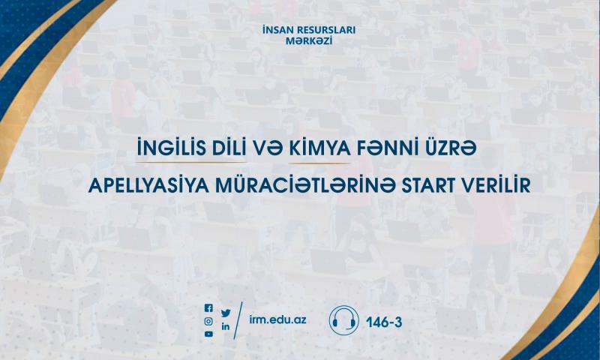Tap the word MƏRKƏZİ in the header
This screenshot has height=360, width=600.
coord(309,41)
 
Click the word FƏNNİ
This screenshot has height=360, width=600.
coord(385,148)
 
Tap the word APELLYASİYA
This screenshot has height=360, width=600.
coord(148,185)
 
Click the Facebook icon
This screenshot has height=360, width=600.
coord(208,308)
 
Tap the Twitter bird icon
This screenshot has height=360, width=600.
coord(226,313)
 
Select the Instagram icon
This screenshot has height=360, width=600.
coord(208,321)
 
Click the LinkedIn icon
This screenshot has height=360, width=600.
coord(226,326)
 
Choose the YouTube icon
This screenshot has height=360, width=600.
coord(208,334)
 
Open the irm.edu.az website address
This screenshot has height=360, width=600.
coord(277,319)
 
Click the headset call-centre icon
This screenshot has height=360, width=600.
coord(344,320)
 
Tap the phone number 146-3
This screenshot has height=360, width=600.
coord(384,322)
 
